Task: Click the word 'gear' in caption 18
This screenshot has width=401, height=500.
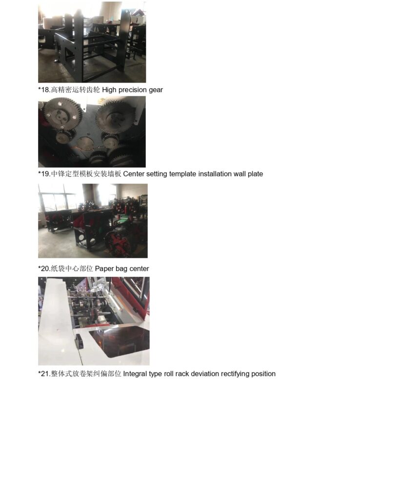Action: coord(156,90)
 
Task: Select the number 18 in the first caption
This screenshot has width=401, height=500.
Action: coord(45,90)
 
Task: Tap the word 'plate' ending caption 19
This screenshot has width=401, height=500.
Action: coord(256,174)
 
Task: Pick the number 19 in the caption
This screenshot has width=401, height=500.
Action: coord(45,174)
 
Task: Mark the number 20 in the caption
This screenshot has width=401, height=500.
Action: coord(45,269)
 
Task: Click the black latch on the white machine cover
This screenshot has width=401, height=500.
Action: coord(80,341)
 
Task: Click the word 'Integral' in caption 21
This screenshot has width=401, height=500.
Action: coord(135,374)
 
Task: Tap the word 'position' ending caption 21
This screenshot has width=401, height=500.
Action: coord(263,374)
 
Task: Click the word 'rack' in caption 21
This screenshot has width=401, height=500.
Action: coord(182,374)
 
